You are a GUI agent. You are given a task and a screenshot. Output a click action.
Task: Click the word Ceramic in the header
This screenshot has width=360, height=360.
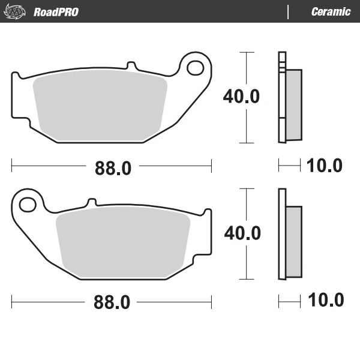[x=331, y=12]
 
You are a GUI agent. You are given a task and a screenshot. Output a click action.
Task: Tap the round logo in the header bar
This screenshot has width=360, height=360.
[x=19, y=11]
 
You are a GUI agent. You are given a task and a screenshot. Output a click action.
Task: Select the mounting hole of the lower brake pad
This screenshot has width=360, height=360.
[x=28, y=205]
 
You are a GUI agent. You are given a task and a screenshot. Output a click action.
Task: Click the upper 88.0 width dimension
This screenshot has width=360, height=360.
[x=112, y=169]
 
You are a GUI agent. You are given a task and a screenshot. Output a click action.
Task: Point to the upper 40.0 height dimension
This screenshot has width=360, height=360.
[x=241, y=96]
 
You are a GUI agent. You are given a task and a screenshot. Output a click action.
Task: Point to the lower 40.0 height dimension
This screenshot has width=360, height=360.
[x=242, y=233]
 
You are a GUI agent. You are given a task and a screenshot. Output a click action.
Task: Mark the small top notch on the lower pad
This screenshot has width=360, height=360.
[x=92, y=202]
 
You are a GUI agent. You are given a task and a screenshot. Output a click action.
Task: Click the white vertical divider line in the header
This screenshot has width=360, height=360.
[x=289, y=12]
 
